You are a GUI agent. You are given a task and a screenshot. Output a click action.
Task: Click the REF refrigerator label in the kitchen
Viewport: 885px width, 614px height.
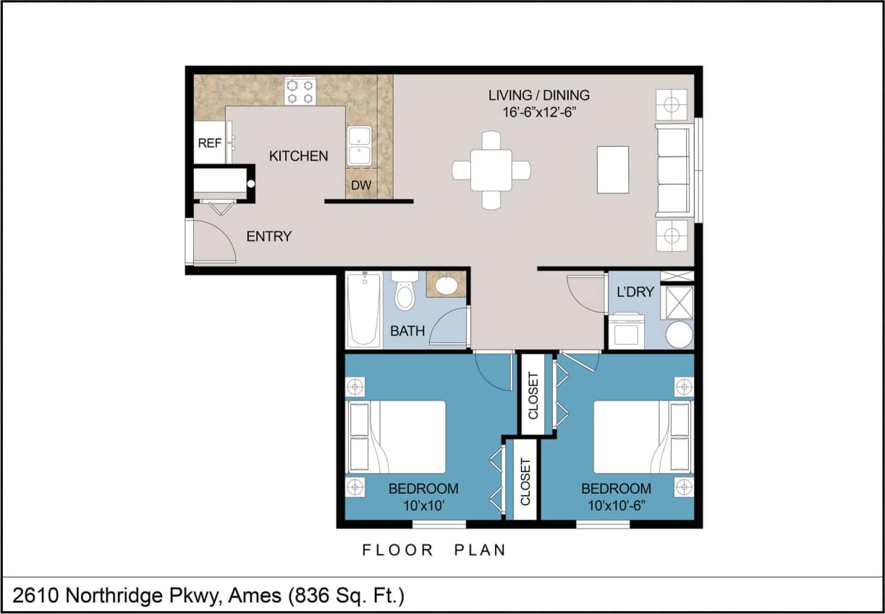tap(209, 143)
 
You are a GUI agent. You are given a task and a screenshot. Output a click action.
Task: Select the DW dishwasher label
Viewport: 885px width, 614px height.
tap(361, 185)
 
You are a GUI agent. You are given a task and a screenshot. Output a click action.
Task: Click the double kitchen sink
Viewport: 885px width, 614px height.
tap(359, 146)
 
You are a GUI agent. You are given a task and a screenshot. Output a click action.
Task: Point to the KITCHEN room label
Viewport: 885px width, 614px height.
tap(298, 156)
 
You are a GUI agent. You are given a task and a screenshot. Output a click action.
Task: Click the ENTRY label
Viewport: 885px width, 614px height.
tap(268, 236)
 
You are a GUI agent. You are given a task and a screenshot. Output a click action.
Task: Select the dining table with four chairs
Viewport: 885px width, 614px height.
tap(491, 170)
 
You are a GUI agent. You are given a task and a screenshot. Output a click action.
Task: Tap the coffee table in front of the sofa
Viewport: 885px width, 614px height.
tap(612, 169)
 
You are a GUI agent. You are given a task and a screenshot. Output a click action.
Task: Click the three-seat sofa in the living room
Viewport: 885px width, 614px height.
tap(672, 170)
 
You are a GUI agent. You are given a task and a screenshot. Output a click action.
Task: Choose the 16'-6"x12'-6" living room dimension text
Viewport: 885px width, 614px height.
tap(538, 112)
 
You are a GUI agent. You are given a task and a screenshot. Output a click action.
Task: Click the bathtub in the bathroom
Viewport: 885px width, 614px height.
tap(363, 309)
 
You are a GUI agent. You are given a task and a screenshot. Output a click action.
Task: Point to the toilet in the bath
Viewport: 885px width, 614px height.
tap(405, 292)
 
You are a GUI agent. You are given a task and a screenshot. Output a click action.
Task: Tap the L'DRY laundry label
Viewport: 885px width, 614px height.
tap(635, 292)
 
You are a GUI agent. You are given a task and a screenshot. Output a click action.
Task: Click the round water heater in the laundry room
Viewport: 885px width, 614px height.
tap(679, 335)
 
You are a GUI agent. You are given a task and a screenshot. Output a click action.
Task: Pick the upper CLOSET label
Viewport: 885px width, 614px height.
tap(533, 395)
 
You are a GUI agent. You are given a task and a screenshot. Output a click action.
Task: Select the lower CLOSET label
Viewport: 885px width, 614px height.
tap(525, 481)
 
